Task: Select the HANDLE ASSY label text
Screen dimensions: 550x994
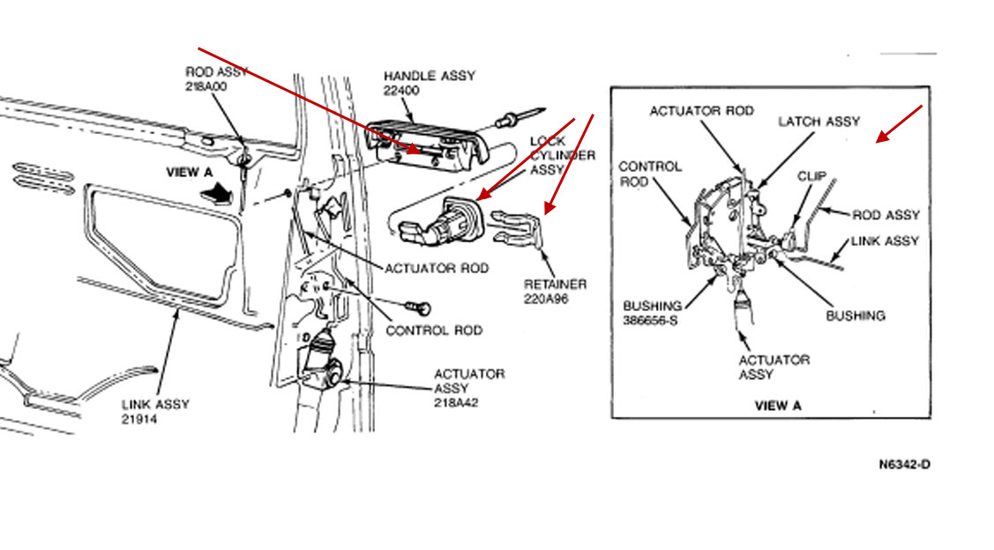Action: coord(429,76)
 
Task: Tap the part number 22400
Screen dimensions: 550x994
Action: coord(401,91)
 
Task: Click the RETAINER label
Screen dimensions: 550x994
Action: coord(556,284)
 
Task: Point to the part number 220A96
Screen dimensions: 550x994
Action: coord(552,299)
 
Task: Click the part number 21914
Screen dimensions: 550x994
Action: coord(139,420)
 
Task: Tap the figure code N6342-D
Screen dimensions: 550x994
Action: coord(903,465)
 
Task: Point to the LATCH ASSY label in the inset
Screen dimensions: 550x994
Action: coord(818,122)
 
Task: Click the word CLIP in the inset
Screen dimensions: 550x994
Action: coord(812,176)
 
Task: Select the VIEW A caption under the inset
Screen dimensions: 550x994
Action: coord(777,406)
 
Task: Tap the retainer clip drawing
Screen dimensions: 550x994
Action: coord(519,231)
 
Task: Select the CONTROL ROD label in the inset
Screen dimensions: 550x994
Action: coord(651,174)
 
